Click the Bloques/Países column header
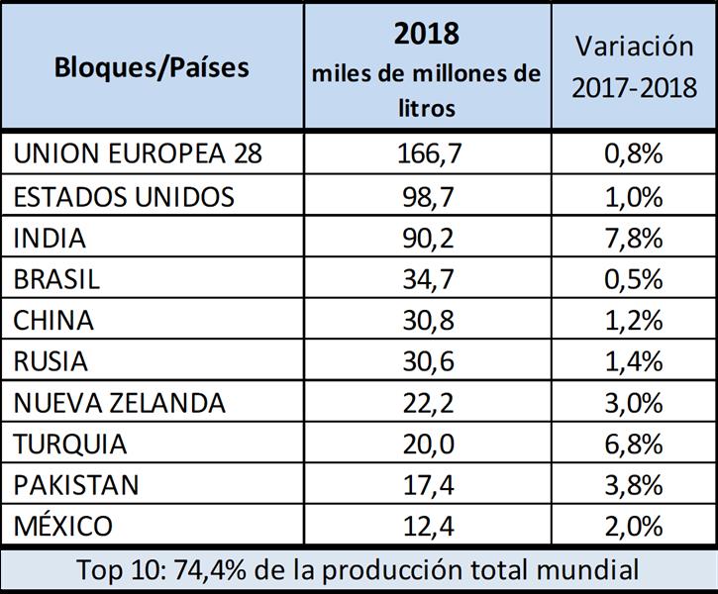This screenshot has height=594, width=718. click(x=153, y=68)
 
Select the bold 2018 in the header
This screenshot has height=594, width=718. click(x=426, y=33)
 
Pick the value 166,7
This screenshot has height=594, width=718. click(x=426, y=154)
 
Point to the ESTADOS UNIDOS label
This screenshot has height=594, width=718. click(x=124, y=196)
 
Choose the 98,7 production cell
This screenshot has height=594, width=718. click(x=426, y=196)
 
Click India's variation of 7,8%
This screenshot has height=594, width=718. click(x=635, y=238)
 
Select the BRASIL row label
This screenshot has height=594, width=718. click(x=56, y=279)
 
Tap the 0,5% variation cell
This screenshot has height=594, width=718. click(x=635, y=279)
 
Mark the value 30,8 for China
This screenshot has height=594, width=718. click(x=426, y=321)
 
